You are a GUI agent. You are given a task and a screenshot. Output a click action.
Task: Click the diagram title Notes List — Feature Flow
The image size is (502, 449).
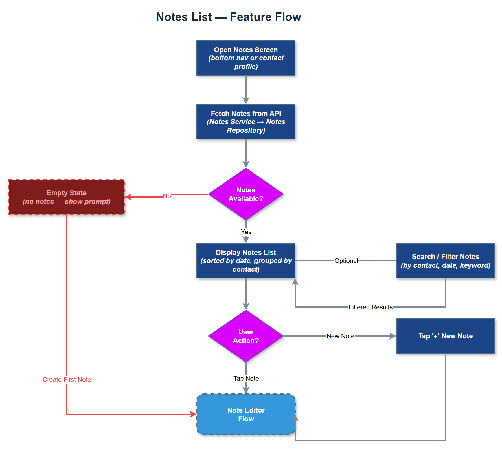(229, 17)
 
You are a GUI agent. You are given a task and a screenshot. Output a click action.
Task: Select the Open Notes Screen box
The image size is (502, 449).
(246, 58)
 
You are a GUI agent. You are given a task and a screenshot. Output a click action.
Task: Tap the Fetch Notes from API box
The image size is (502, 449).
(246, 122)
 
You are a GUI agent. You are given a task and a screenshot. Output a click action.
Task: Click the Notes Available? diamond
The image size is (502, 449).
(246, 194)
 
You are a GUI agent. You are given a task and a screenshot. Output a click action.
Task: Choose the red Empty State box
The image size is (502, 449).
(67, 197)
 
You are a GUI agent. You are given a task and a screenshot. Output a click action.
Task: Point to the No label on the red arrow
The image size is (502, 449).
(167, 196)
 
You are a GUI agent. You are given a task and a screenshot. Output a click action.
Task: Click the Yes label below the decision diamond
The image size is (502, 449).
(246, 232)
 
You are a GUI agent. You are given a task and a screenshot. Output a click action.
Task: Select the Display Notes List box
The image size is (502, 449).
(246, 261)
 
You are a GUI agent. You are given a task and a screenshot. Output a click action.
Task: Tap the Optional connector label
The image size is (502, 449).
(346, 261)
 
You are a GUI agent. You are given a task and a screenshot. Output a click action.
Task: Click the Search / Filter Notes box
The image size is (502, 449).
(445, 261)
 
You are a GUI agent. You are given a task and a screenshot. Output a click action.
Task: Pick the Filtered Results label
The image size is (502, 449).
(370, 307)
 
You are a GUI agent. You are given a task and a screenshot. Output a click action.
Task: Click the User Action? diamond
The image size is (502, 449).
(246, 336)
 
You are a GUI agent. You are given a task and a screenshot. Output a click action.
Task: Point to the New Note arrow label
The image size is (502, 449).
(340, 336)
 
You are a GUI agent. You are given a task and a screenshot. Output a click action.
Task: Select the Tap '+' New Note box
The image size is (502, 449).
(445, 336)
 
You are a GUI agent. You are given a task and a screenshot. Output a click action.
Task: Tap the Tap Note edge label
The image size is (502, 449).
(246, 378)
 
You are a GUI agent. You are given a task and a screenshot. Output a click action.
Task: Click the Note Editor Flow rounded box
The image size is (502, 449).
(246, 414)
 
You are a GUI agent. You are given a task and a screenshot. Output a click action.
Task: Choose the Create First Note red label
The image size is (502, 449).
(67, 379)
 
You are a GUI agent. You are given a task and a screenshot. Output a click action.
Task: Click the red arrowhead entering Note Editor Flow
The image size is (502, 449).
(193, 414)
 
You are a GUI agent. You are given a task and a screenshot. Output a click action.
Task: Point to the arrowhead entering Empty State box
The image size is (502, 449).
(128, 197)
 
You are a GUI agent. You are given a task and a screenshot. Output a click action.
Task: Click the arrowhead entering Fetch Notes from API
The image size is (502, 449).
(246, 101)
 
